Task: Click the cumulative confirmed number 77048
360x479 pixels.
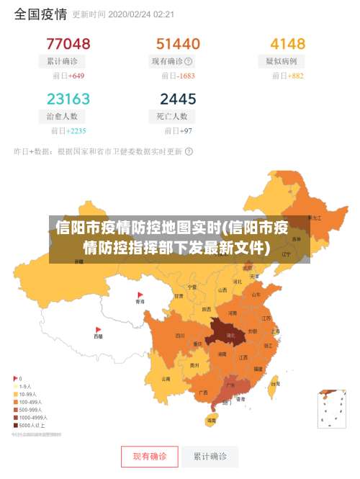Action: (68, 44)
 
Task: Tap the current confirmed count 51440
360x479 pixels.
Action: (178, 44)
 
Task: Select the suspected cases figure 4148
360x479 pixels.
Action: (287, 44)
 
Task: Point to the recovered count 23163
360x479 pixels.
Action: (68, 99)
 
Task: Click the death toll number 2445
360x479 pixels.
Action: (178, 99)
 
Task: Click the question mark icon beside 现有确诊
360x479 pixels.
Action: (189, 62)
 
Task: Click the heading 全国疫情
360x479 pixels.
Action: (40, 14)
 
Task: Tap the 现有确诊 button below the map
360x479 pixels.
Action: (150, 457)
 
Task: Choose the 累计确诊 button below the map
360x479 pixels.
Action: (210, 457)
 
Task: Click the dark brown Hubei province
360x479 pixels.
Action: (230, 335)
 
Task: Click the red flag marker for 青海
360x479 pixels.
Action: (140, 295)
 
